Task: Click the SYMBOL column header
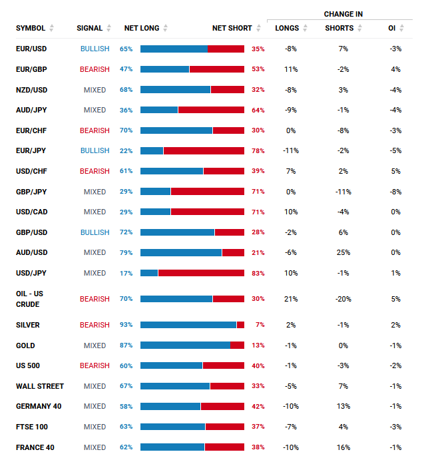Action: (31, 28)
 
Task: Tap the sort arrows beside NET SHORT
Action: (259, 28)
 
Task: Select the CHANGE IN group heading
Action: (343, 14)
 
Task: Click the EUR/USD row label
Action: (31, 49)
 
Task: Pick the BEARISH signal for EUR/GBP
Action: (95, 69)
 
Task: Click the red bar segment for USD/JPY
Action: (201, 273)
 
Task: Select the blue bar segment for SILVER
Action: (188, 325)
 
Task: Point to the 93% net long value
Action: (126, 325)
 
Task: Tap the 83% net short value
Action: (258, 273)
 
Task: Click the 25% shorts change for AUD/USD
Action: (343, 252)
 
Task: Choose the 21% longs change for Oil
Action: (291, 299)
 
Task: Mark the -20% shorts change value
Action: (343, 299)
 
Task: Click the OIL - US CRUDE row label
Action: (29, 299)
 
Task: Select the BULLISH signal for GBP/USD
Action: (95, 232)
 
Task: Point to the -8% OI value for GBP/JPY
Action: (395, 192)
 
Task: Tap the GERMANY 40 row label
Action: (39, 406)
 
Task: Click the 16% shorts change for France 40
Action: (343, 447)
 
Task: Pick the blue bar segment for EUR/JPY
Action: (152, 150)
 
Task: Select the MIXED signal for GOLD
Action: (95, 346)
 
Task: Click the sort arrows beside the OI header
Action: (401, 28)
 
